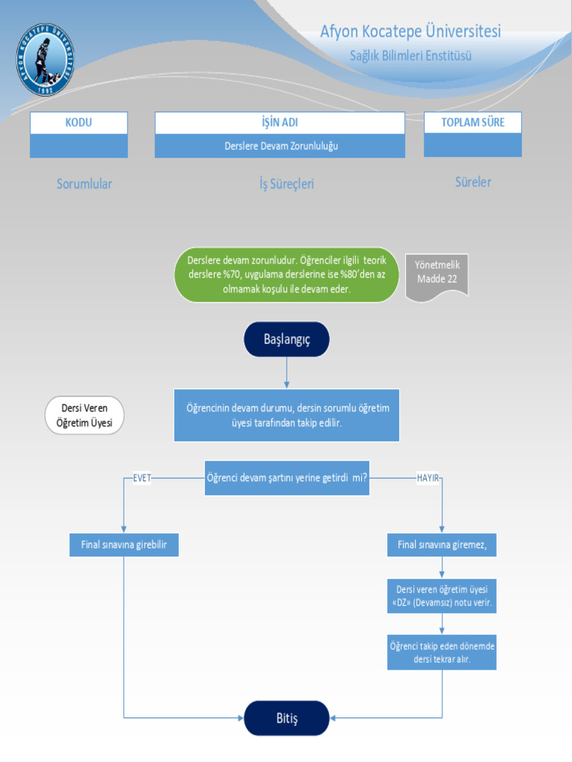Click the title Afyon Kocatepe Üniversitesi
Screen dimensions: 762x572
[410, 31]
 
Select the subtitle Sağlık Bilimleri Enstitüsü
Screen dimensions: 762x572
[410, 56]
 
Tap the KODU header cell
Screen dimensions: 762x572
[79, 123]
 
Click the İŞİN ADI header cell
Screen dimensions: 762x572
[279, 123]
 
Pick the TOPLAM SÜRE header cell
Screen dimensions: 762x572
[472, 123]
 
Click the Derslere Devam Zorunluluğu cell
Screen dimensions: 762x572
[281, 146]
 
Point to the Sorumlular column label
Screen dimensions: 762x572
[84, 184]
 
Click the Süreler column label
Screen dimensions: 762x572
[473, 182]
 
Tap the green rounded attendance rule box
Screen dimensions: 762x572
[287, 275]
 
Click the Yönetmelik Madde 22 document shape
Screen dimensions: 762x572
[437, 274]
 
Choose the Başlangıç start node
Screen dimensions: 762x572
[287, 339]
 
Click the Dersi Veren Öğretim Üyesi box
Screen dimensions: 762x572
[84, 415]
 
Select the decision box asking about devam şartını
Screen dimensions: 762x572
[287, 478]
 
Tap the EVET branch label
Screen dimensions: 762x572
[142, 478]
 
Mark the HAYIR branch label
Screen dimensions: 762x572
[428, 478]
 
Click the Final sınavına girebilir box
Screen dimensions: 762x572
[124, 545]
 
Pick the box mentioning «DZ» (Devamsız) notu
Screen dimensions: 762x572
[442, 595]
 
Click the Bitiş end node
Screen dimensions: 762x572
[287, 718]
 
